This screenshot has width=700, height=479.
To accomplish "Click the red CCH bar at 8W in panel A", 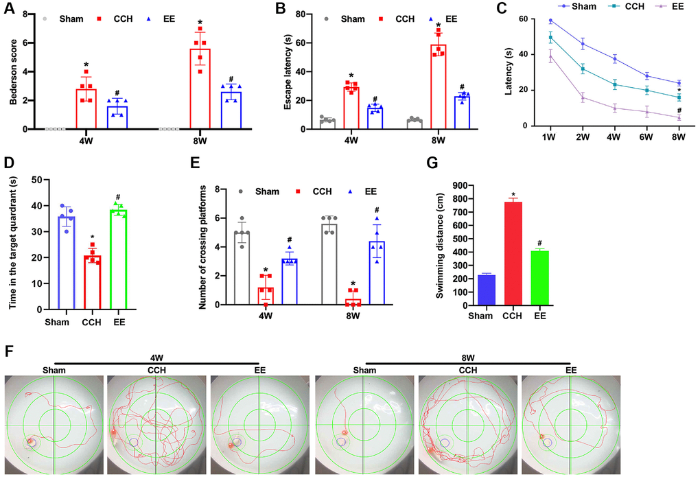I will tap(200, 89).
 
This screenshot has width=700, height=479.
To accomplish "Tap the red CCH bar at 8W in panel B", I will tap(436, 86).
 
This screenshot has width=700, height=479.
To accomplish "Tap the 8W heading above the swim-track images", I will tap(468, 358).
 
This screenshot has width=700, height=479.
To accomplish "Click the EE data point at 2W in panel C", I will tap(583, 97).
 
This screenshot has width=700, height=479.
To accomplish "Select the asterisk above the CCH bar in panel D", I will tap(93, 237).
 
